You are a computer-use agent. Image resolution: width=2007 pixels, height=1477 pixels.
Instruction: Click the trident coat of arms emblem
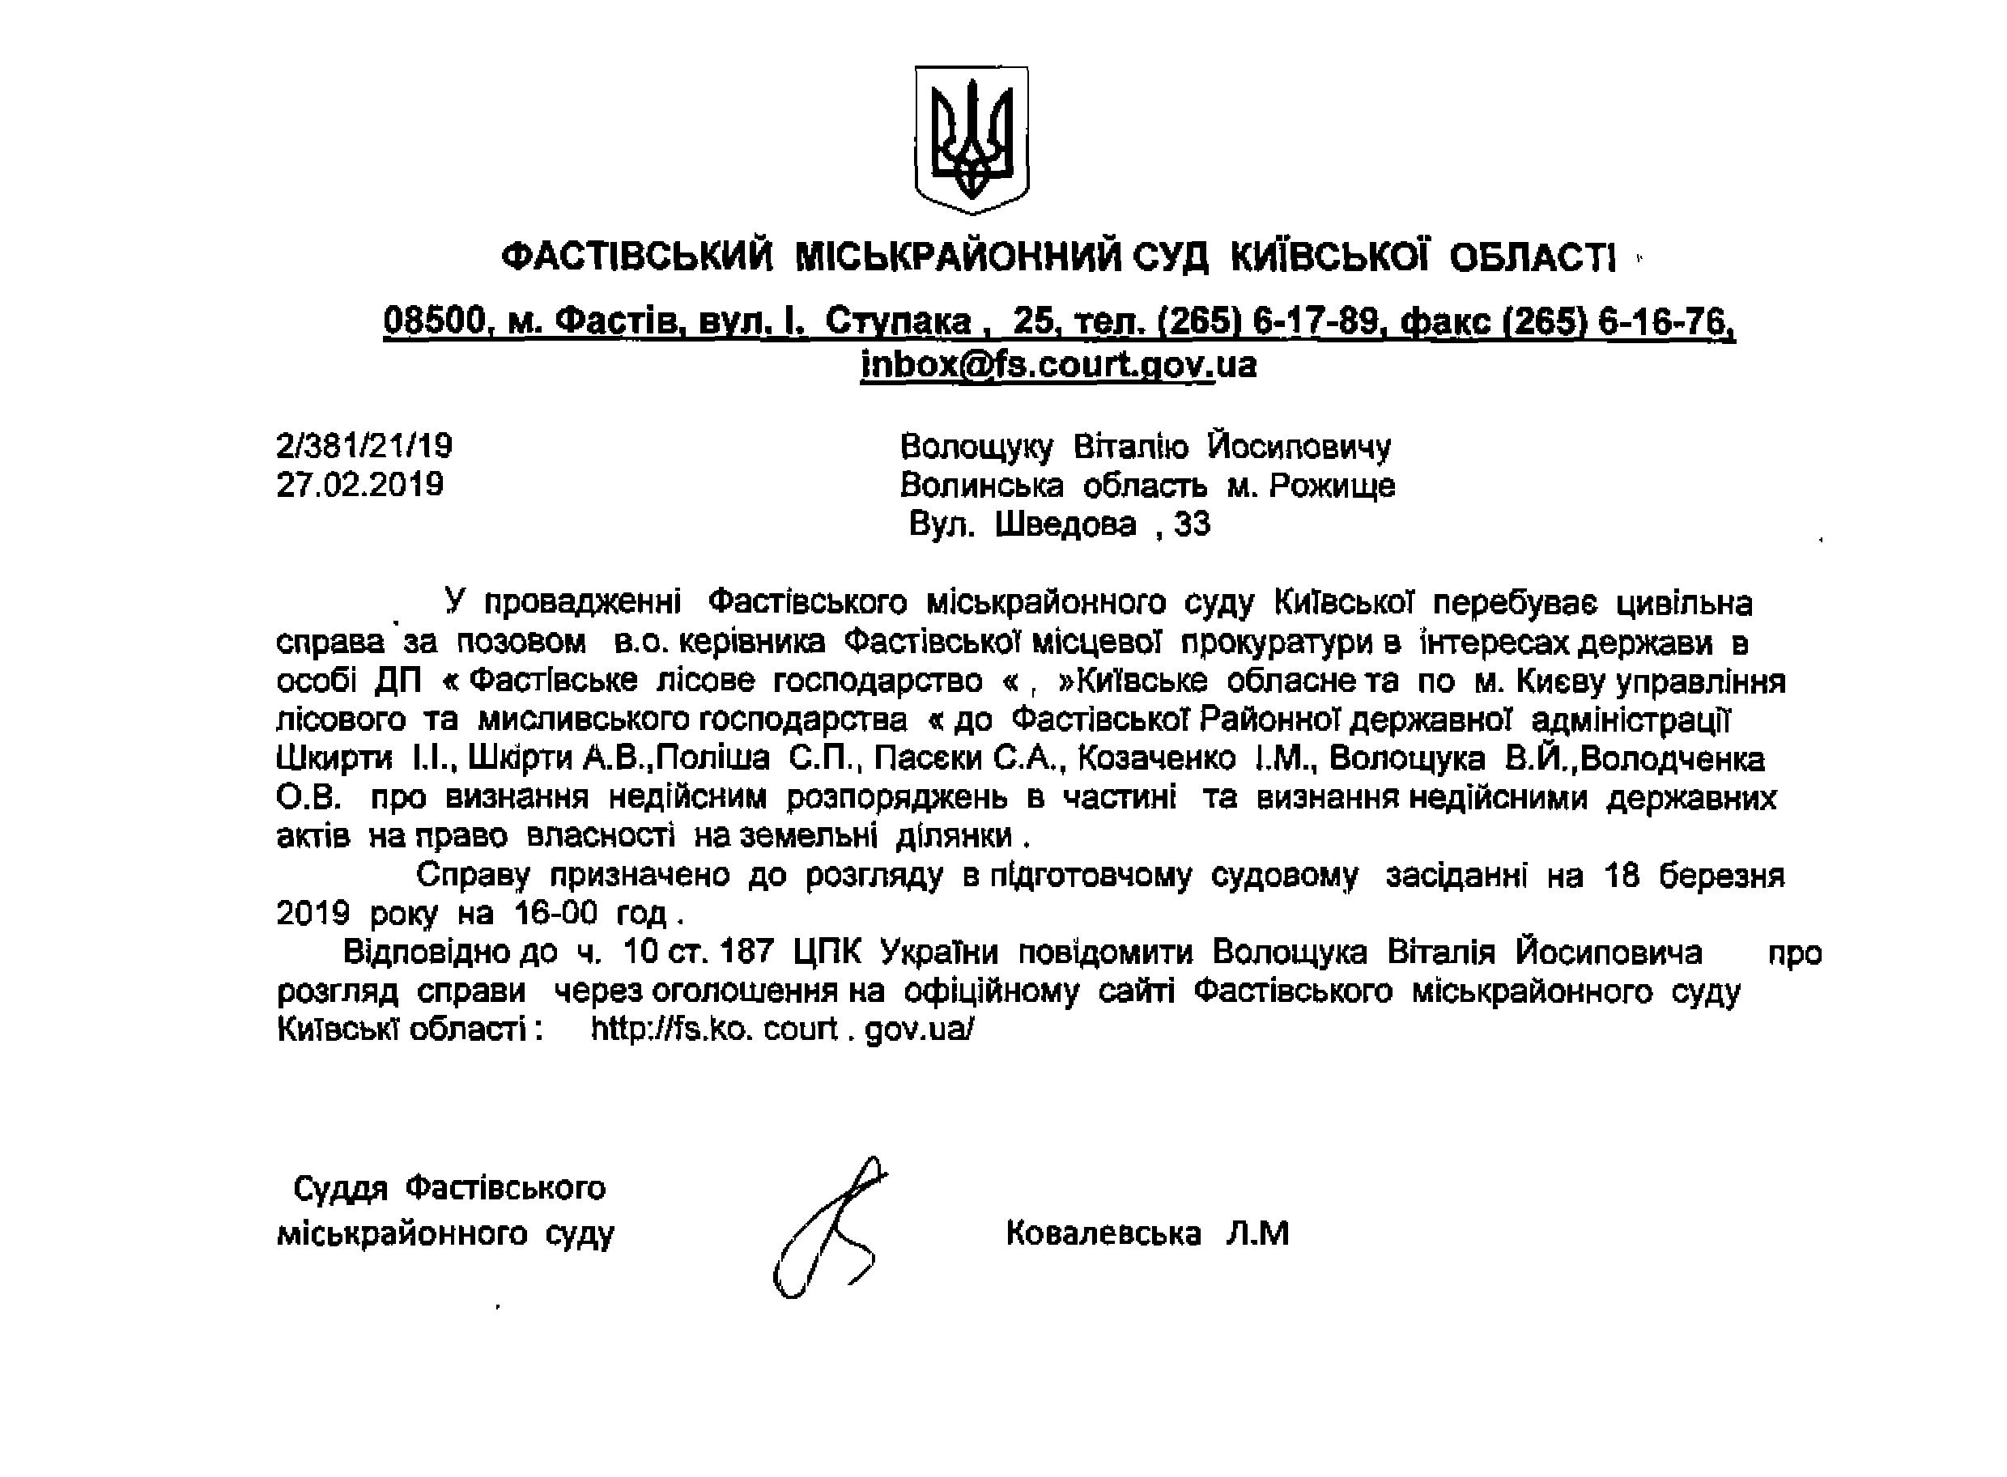[972, 138]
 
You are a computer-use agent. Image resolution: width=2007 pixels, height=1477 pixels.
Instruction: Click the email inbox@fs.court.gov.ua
[1058, 365]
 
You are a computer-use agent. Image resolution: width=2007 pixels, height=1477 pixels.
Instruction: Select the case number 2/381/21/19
[365, 445]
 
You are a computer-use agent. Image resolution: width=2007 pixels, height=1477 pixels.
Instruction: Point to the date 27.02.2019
[359, 484]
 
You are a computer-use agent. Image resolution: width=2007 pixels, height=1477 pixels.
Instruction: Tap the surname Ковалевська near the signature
[1103, 1234]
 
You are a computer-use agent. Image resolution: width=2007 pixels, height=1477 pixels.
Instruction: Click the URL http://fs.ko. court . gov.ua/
[783, 1029]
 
